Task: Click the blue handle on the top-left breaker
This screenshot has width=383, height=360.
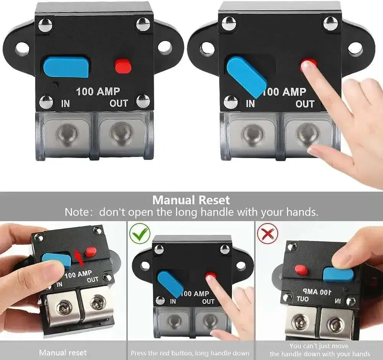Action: click(66, 67)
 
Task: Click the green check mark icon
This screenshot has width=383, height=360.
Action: click(139, 233)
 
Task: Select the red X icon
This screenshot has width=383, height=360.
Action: click(267, 233)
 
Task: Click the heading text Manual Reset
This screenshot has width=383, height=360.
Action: click(191, 200)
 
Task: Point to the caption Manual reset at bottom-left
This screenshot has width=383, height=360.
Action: click(63, 352)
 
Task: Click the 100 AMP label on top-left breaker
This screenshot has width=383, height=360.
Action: click(98, 91)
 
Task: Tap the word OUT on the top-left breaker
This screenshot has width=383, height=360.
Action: click(119, 103)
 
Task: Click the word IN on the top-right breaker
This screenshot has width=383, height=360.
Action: click(250, 104)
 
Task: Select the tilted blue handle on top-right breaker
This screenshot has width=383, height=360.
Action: click(246, 76)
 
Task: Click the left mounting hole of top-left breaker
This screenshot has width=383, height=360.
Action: click(22, 49)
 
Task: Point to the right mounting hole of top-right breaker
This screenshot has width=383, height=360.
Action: click(355, 49)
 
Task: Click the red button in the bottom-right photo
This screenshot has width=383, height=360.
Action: click(301, 270)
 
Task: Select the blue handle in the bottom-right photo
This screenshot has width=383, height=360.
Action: click(338, 274)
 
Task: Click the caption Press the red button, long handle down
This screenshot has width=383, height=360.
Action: click(190, 353)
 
